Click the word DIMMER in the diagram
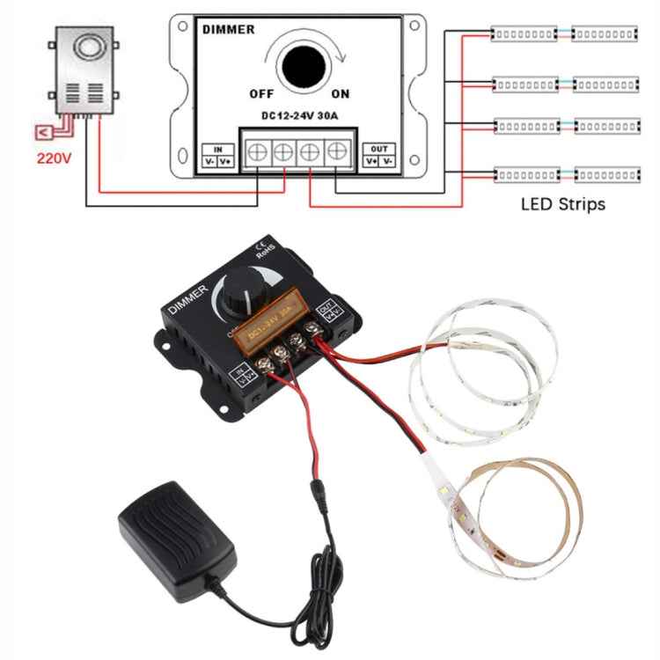click(x=228, y=30)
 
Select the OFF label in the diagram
click(x=261, y=93)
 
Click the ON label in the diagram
click(x=341, y=93)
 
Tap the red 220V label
click(x=53, y=160)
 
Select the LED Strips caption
click(x=563, y=204)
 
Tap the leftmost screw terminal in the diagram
click(x=257, y=152)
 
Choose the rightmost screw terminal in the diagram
click(x=337, y=152)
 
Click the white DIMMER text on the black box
click(x=187, y=298)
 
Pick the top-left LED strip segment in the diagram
click(x=524, y=33)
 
